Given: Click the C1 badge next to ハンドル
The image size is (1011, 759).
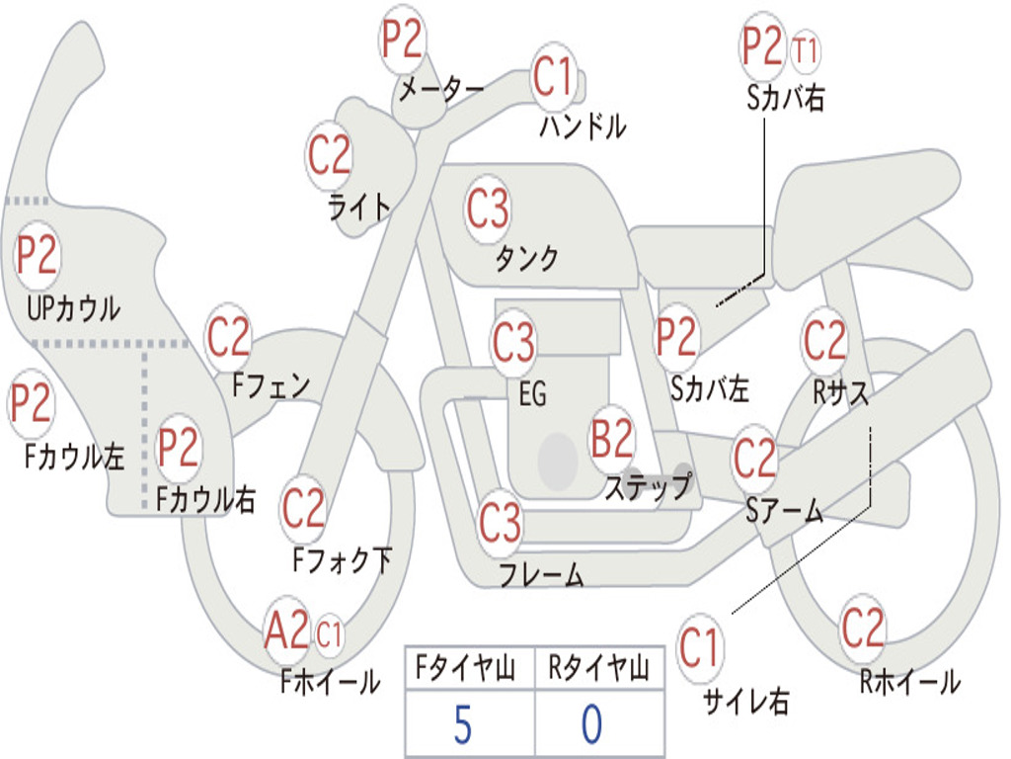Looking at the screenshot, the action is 553,76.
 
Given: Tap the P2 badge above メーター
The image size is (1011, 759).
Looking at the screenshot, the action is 403,40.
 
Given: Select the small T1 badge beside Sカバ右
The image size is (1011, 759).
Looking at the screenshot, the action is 806,49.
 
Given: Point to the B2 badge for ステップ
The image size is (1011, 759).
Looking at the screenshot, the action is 612,440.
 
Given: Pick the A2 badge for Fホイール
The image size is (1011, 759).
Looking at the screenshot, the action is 286,632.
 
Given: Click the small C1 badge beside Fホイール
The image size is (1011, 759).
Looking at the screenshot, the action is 329,633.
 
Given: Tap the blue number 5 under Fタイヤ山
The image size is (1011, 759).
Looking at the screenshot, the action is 462,724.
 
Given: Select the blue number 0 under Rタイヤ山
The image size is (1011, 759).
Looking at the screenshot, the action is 591,724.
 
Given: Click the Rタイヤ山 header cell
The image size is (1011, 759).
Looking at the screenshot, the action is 598,670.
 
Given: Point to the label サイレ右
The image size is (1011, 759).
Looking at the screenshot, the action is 745,702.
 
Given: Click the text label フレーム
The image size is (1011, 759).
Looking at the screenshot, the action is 541,574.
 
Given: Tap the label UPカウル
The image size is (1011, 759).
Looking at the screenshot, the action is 74,308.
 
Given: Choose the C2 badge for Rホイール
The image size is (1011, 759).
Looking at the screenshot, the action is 863,628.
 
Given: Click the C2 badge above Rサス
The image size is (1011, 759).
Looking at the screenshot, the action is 824,342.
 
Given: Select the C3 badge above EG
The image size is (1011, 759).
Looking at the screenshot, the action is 513,344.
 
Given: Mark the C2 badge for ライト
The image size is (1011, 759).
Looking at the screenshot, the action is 330,154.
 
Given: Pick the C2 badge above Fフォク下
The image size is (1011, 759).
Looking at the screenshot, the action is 303,509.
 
